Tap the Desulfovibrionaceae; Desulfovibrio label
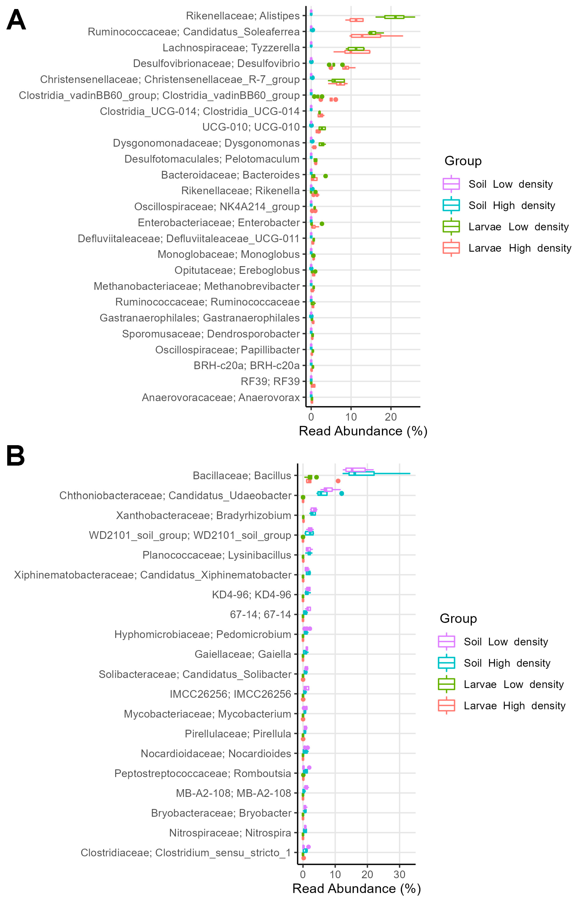pyautogui.click(x=216, y=64)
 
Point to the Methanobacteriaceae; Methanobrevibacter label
pyautogui.click(x=196, y=286)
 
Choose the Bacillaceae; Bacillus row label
pyautogui.click(x=242, y=476)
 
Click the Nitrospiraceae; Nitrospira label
pyautogui.click(x=230, y=833)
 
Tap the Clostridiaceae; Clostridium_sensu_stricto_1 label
pyautogui.click(x=186, y=853)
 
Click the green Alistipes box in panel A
pyautogui.click(x=394, y=17)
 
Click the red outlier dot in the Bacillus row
pyautogui.click(x=338, y=481)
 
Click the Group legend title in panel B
pyautogui.click(x=458, y=618)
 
